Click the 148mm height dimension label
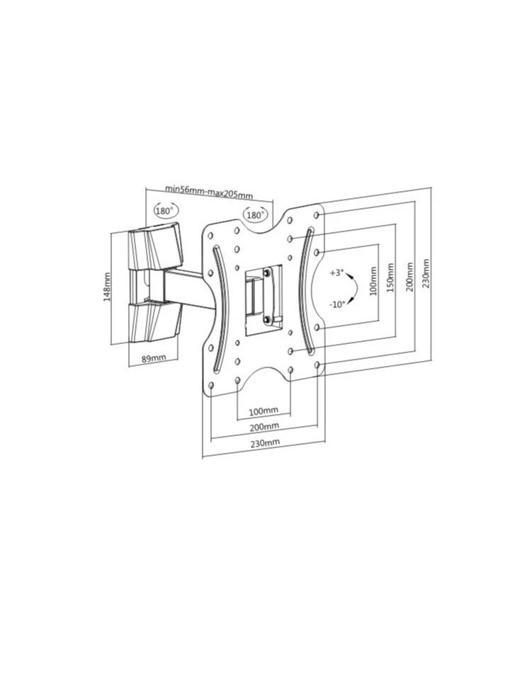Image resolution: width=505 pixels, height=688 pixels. (107, 287)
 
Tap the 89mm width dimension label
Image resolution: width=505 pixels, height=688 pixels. (154, 358)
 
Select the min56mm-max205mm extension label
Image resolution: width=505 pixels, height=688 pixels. (208, 191)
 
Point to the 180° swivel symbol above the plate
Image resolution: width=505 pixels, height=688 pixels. (255, 214)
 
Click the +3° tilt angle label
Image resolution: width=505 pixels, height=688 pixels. (336, 273)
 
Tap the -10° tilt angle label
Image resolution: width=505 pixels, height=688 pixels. (337, 304)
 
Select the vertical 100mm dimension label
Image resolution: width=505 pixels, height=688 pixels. (374, 281)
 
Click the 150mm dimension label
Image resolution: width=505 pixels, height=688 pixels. (390, 278)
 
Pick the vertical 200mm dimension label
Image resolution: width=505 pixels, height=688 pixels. (409, 277)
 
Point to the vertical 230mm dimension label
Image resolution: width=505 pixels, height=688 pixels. (425, 274)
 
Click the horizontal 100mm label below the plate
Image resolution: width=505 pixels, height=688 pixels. (263, 411)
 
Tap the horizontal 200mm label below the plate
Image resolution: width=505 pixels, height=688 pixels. (264, 426)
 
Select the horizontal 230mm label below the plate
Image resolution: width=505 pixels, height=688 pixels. (265, 442)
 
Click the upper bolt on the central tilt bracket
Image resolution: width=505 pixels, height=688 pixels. (266, 273)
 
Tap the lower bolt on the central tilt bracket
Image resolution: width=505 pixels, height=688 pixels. (266, 319)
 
